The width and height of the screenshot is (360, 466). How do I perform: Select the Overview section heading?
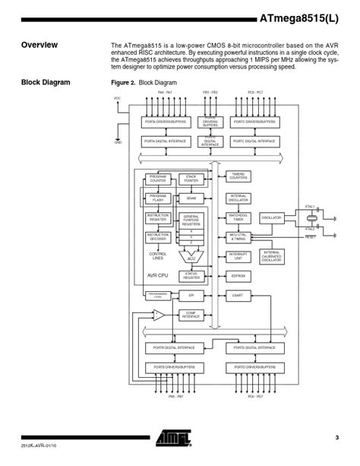point(39,45)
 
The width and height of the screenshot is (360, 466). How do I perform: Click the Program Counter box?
point(158,179)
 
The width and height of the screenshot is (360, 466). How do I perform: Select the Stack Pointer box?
point(191,179)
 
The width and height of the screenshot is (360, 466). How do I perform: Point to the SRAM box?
point(191,198)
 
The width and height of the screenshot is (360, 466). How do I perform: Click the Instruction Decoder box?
point(158,236)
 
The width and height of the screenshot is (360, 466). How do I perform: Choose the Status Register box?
point(191,276)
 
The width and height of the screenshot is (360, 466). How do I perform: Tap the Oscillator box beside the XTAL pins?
point(271,217)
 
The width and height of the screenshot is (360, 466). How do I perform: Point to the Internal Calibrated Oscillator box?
point(271,255)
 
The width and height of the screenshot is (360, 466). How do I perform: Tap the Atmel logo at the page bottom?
point(175,437)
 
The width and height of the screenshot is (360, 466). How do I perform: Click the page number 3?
point(336,437)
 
